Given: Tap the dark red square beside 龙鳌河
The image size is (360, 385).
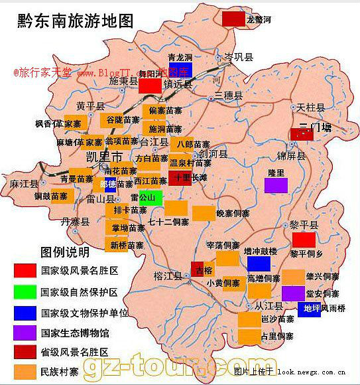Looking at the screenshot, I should [x=233, y=19].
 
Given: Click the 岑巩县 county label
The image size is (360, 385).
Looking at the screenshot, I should [x=240, y=58].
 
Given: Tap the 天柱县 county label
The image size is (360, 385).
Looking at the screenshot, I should [x=310, y=108].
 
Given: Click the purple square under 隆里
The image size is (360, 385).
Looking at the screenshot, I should [x=276, y=185].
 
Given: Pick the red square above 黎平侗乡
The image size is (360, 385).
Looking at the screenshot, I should [x=304, y=240].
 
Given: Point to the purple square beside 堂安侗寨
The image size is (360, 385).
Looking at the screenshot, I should [x=292, y=293].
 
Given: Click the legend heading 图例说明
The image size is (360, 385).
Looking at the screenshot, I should [x=64, y=253].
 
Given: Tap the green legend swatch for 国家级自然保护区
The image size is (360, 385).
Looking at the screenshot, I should [x=25, y=291].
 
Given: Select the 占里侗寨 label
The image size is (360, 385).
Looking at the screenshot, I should [x=277, y=337].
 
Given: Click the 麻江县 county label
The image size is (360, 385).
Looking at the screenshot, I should [x=22, y=183].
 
